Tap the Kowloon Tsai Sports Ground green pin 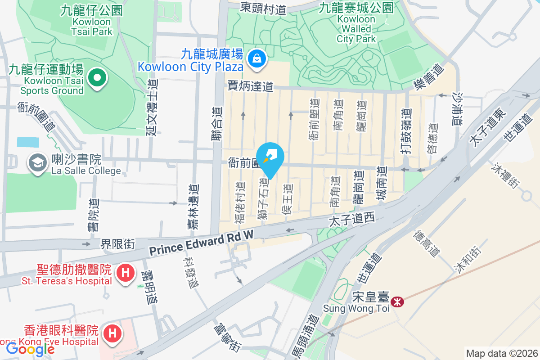point(97,79)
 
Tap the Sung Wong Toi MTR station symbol point(397,301)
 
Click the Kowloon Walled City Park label point(356,29)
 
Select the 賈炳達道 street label point(251,85)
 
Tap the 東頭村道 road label point(263,8)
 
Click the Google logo point(30,349)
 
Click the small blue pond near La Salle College point(28,142)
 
